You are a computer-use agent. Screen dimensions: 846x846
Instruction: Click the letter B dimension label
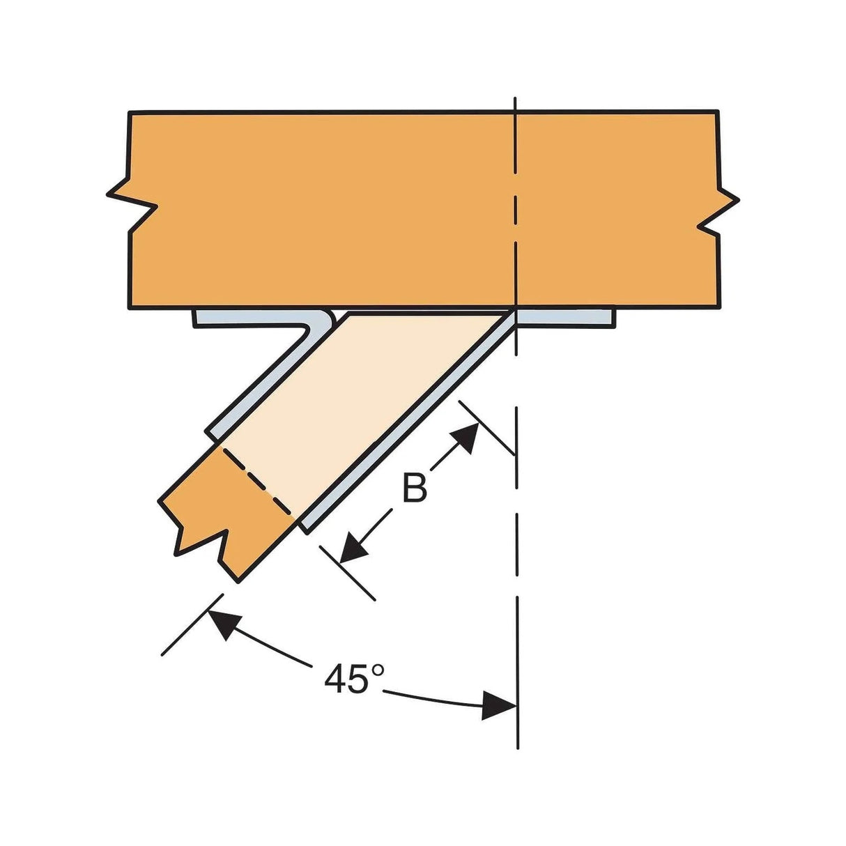(x=415, y=489)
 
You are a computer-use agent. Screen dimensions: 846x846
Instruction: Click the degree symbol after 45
(x=377, y=670)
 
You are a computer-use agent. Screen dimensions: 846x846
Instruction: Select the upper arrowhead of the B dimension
(x=466, y=437)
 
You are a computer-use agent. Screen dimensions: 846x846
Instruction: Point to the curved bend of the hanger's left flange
(x=322, y=322)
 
